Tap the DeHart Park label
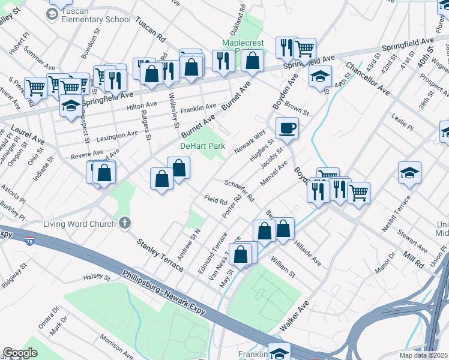pos(203,146)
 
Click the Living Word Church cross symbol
pos(125,224)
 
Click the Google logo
pos(20,353)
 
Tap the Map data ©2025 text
pos(424,355)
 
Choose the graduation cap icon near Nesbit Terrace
pos(409,173)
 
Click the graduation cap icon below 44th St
pos(321,76)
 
